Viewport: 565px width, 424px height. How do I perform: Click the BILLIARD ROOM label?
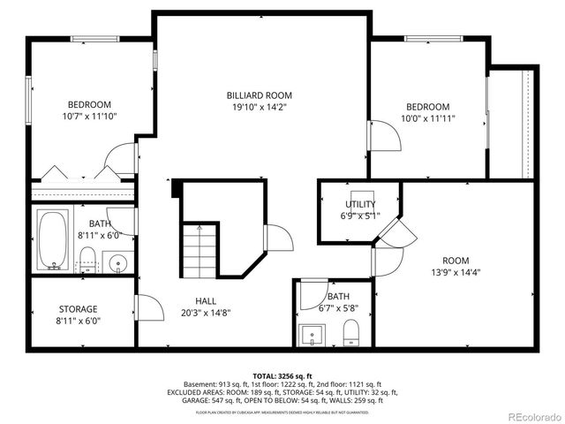tap(259, 95)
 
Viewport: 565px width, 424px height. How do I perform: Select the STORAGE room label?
tap(79, 309)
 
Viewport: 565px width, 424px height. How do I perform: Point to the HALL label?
tap(206, 301)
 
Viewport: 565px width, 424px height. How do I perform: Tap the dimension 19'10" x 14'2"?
tap(259, 107)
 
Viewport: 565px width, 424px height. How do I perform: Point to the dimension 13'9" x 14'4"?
tap(456, 272)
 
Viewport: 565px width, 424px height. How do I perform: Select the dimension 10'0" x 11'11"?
tap(427, 117)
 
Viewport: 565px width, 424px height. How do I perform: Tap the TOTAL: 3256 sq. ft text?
tap(282, 375)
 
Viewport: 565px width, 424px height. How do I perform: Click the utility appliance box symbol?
tap(362, 195)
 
